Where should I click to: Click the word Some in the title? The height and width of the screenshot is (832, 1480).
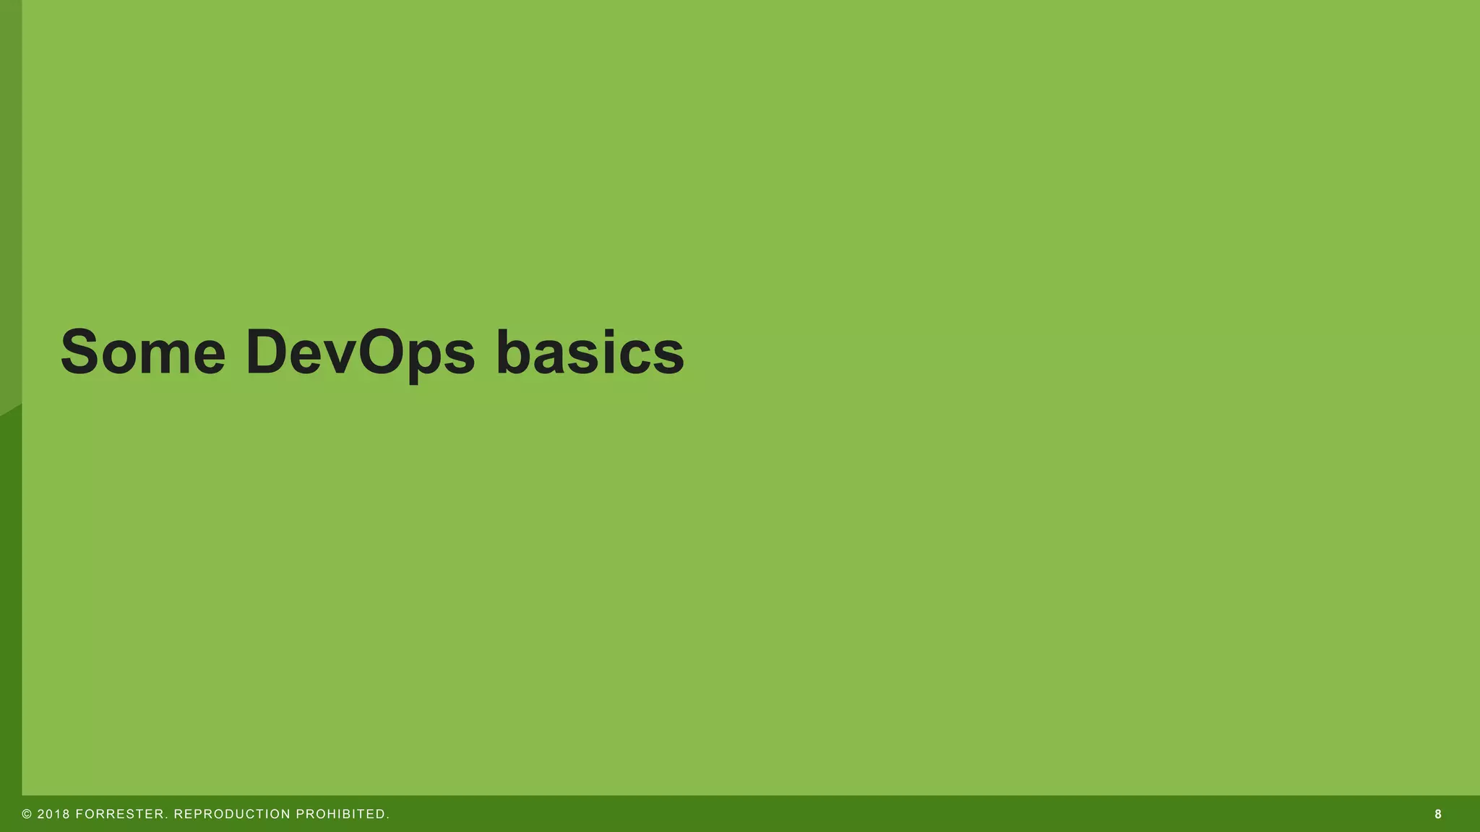[142, 352]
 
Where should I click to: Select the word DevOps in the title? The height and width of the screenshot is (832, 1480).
[360, 352]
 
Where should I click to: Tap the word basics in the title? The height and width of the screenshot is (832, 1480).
[590, 352]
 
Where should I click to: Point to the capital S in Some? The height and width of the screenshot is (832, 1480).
[79, 352]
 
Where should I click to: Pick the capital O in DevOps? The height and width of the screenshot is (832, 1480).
[385, 352]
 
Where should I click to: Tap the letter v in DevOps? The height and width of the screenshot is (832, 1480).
[340, 358]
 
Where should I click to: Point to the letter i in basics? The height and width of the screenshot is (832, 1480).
[611, 352]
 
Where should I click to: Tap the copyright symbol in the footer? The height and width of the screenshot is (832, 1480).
[27, 814]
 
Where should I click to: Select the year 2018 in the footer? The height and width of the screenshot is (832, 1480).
[53, 814]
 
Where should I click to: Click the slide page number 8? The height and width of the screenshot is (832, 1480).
[1438, 814]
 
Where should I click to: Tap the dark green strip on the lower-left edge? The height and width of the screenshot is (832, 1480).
[10, 614]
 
